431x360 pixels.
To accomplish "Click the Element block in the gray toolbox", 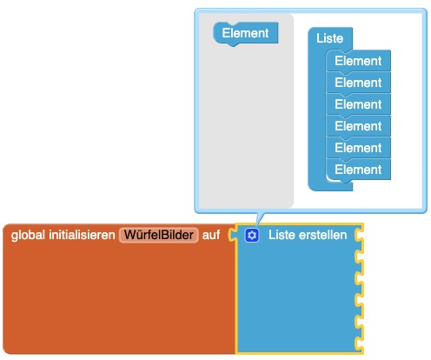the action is (246, 33).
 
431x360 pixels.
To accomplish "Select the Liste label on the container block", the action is (329, 38).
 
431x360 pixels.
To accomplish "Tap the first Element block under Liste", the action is (358, 61).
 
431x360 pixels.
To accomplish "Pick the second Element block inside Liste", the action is (358, 83).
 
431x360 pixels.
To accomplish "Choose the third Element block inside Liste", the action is (358, 104).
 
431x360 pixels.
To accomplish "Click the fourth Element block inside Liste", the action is (358, 126).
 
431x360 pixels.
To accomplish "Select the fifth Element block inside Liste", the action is (358, 148).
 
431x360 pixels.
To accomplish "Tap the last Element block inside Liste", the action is (358, 170).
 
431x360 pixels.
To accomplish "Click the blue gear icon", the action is (252, 235).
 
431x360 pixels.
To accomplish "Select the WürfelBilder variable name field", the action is (159, 235).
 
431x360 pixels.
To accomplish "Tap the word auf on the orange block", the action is (211, 235).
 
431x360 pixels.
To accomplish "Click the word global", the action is (28, 235).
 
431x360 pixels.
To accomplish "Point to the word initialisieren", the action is (82, 235).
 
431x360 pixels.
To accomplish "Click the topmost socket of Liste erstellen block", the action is (359, 235).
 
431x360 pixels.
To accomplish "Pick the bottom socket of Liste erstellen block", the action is (359, 343).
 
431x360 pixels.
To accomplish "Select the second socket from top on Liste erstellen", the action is (359, 257).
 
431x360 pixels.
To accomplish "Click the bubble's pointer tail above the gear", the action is (260, 219).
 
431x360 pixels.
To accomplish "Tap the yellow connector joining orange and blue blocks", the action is (232, 235).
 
